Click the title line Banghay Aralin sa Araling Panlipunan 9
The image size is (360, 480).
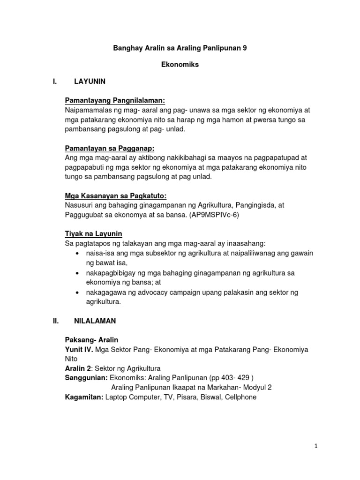tap(180, 48)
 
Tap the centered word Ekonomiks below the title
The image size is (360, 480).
tap(180, 65)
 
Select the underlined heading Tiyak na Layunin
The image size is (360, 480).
tap(93, 234)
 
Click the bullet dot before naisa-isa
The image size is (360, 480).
tap(77, 254)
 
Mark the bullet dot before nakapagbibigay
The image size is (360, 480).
tap(77, 273)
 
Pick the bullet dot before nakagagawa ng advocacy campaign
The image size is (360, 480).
tap(77, 292)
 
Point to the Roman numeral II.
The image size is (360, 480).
tap(56, 322)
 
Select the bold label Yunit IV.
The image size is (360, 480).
tap(78, 350)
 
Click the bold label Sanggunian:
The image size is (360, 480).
tap(82, 377)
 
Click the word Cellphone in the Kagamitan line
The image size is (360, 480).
tap(241, 397)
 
